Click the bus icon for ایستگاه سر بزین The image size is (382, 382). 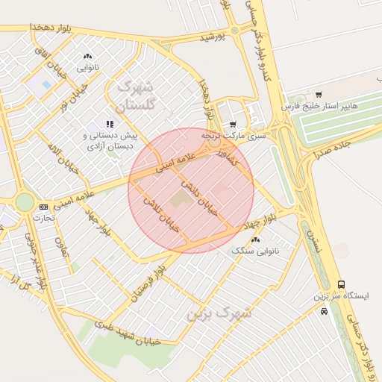coord(341,284)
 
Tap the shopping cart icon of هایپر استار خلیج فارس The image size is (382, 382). coord(319,95)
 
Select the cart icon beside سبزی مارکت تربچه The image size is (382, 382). coord(234,125)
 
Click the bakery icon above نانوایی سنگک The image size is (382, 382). coord(256,239)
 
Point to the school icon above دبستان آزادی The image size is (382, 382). coord(109,125)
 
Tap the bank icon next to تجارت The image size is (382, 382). coord(43,207)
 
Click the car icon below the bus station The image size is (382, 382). coord(324,311)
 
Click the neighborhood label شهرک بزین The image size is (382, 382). coord(219,313)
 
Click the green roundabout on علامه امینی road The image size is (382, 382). coord(24,202)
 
